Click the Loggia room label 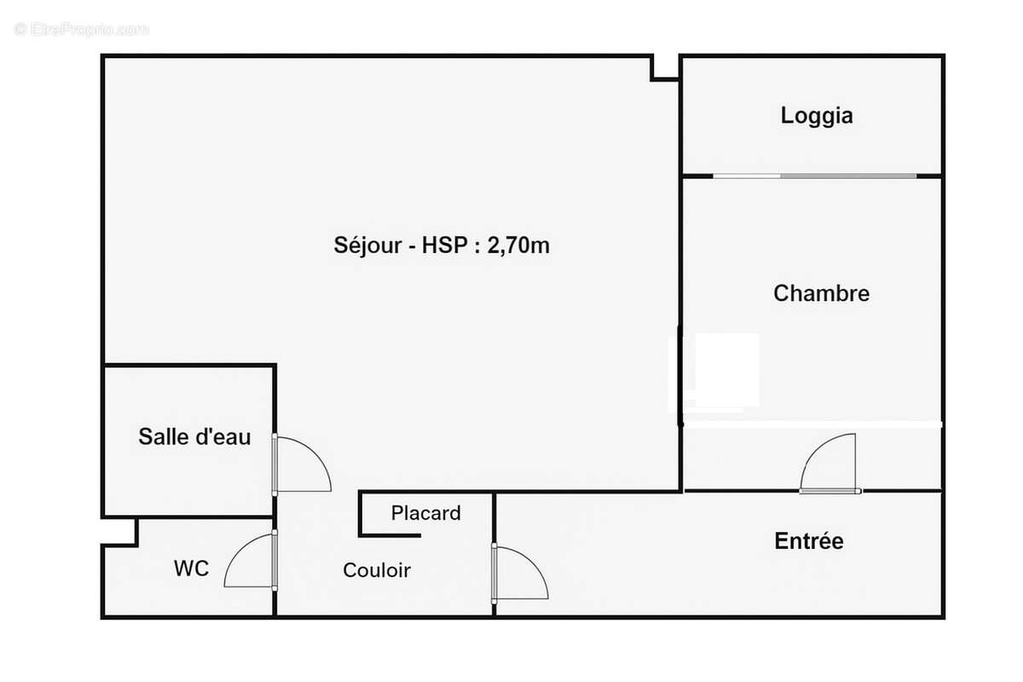[x=816, y=115]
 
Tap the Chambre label [x=821, y=293]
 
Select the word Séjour [x=367, y=246]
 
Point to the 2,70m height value [x=518, y=246]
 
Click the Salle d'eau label [x=194, y=436]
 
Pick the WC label [x=191, y=569]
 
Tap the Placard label [x=425, y=513]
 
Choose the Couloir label [x=377, y=570]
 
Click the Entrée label [x=808, y=540]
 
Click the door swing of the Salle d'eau [x=305, y=462]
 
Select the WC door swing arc [x=247, y=563]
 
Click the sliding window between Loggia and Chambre [x=814, y=176]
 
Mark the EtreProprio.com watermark [x=81, y=29]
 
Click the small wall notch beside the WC [x=119, y=531]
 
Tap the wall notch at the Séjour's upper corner [x=665, y=68]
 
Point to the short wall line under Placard [x=390, y=535]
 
